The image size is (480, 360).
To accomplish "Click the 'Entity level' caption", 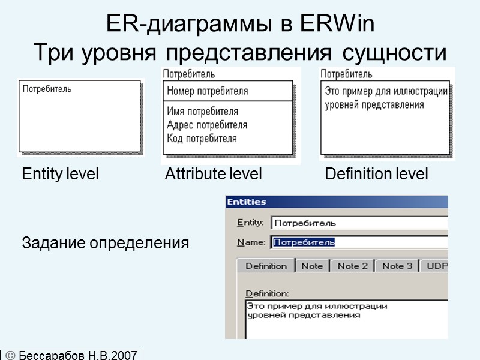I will pos(60,175).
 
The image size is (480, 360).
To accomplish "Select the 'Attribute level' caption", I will pos(213,175).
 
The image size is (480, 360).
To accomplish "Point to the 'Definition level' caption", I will pos(376,175).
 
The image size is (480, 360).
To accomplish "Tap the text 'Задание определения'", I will pos(106,244).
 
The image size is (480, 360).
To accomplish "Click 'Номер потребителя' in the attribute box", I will pos(207,91).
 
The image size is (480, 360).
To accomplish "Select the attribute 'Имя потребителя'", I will pos(202,112).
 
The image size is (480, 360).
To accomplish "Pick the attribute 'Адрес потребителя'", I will pos(207,125).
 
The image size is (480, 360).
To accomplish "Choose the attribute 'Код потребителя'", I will pos(202,138).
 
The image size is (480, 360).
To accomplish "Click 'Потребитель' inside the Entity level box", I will pos(47,89).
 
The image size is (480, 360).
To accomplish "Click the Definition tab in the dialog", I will pos(266,266).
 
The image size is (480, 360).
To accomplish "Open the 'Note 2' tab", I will pos(353,266).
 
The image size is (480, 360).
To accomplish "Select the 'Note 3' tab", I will pos(397,266).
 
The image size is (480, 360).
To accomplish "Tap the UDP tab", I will pos(435,266).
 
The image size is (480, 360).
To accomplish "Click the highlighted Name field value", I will pos(304,242).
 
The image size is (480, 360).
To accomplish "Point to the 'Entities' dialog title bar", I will pos(336,202).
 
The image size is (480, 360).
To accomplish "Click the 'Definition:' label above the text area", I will pos(267,293).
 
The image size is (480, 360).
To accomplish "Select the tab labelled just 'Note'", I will pos(311,266).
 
